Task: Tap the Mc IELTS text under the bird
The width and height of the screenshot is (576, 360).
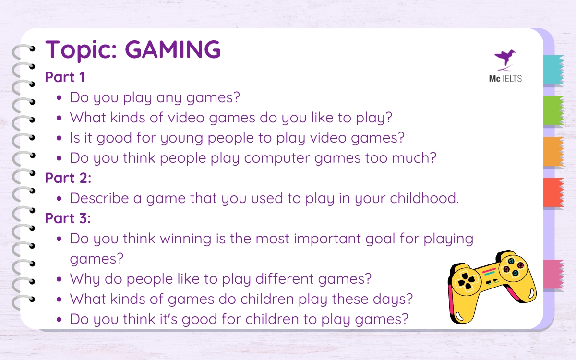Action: tap(503, 78)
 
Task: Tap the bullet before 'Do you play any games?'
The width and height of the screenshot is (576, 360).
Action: tap(59, 98)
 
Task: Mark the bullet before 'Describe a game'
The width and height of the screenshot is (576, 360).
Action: tap(59, 198)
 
